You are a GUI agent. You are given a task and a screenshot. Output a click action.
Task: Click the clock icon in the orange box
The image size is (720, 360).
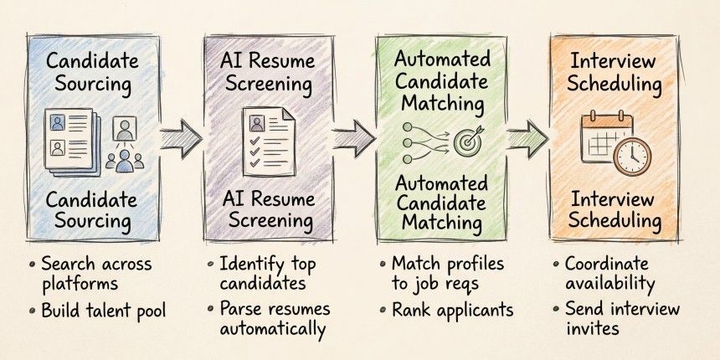click(x=632, y=156)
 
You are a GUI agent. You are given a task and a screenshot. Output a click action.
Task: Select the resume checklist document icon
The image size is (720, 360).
click(x=265, y=138)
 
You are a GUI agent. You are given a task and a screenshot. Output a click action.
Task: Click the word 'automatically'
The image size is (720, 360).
click(x=272, y=328)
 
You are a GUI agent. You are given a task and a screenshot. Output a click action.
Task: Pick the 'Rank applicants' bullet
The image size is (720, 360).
click(x=452, y=311)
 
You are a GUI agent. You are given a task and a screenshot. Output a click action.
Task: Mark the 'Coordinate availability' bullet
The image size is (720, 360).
click(x=615, y=274)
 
